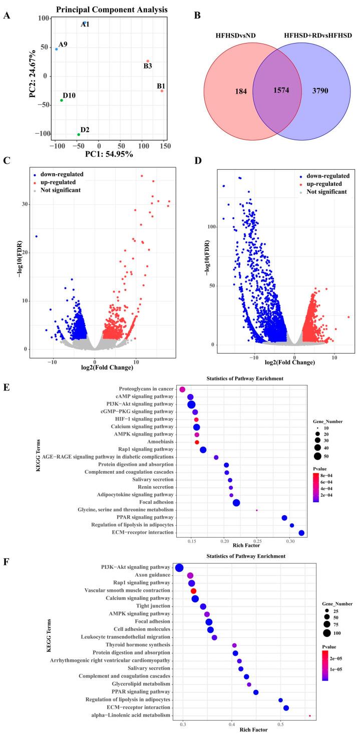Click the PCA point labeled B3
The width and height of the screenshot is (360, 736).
tap(148, 61)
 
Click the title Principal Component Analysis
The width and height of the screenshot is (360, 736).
tap(105, 10)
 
